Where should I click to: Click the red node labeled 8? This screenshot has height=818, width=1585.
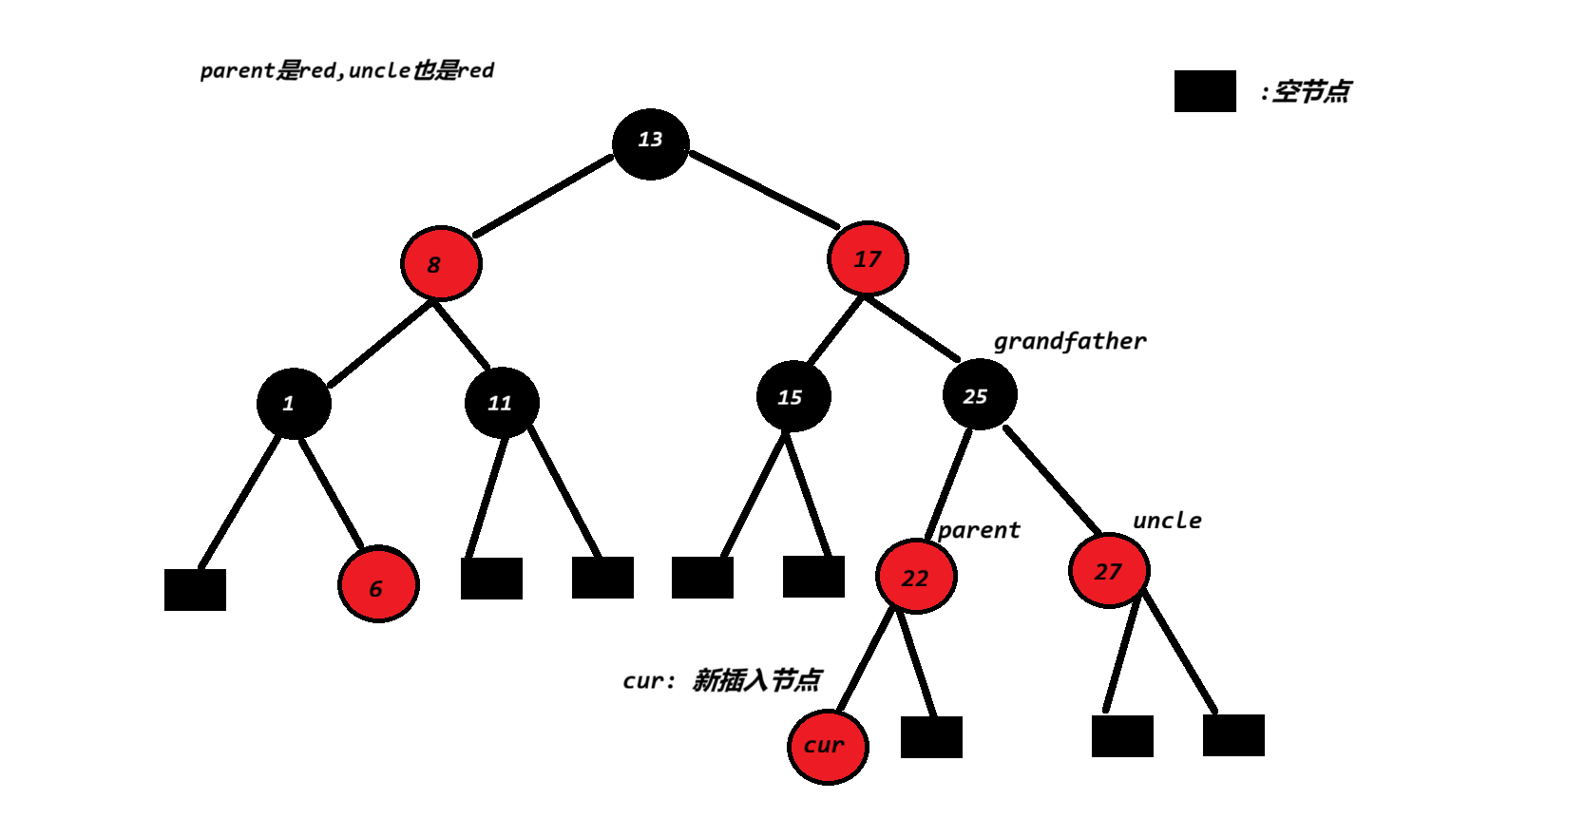pos(441,263)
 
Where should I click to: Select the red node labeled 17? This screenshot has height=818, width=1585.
pos(868,258)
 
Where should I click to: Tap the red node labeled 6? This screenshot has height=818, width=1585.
pos(378,584)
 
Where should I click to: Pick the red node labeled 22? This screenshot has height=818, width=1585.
pos(916,576)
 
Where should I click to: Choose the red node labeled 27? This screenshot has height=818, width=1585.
pos(1109,570)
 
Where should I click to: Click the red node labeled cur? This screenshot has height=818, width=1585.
pos(828,747)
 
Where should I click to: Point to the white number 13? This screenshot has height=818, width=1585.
pos(650,140)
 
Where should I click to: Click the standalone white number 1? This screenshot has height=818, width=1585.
pos(288,404)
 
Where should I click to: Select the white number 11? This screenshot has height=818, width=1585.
pos(500,404)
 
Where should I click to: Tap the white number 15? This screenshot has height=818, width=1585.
pos(790,397)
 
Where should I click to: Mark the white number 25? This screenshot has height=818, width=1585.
pos(975,396)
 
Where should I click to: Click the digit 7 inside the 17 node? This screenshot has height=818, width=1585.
pos(874,259)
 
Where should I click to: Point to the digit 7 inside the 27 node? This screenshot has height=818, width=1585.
pos(1115,572)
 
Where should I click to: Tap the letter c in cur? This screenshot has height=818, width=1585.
pos(810,747)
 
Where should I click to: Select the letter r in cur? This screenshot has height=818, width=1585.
pos(838,746)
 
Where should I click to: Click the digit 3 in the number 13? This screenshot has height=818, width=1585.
pos(656,140)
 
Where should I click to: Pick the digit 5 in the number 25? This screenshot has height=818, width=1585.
pos(982,396)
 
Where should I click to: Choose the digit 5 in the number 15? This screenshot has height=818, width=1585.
pos(795,397)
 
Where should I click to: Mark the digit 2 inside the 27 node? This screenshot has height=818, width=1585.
pos(1101,572)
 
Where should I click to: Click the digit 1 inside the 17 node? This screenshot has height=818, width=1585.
pos(859,259)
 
